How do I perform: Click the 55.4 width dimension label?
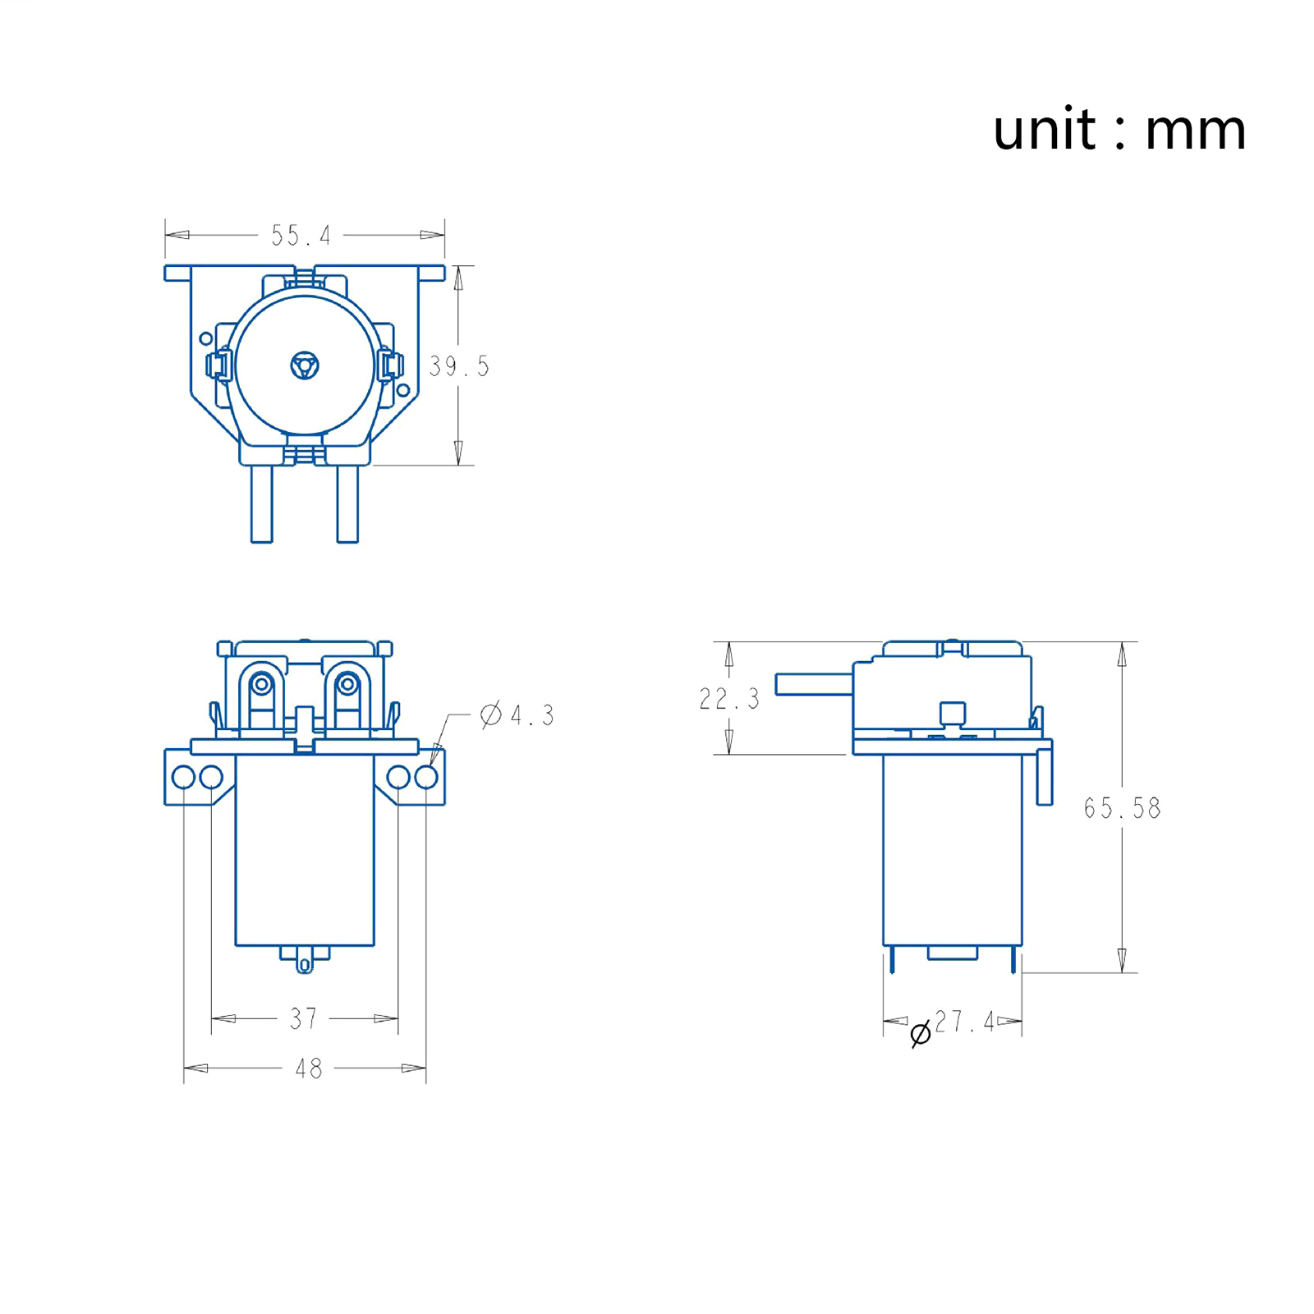[x=301, y=236]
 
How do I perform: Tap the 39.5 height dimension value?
[x=459, y=366]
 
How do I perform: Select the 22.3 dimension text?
[x=729, y=699]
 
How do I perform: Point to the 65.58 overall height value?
[x=1122, y=808]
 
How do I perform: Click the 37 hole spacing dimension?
[x=304, y=1018]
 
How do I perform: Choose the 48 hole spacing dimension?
[x=309, y=1068]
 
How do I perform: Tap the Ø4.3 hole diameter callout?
[x=517, y=715]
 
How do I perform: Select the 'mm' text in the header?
[x=1195, y=131]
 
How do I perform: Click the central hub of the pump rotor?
[x=305, y=365]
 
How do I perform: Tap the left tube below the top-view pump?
[x=262, y=503]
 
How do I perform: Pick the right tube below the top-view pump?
[x=347, y=503]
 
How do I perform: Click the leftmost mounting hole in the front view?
[x=183, y=777]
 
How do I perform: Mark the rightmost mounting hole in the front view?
[x=426, y=777]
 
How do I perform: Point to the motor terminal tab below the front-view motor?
[x=305, y=961]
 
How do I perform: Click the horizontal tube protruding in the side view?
[x=813, y=683]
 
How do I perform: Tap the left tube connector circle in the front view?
[x=262, y=683]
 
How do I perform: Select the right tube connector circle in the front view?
[x=347, y=683]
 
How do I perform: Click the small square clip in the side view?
[x=953, y=712]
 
